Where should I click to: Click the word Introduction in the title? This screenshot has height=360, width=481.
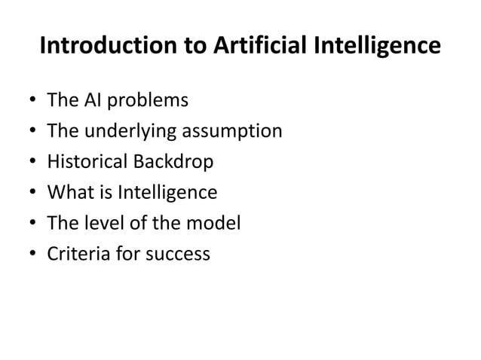click(x=106, y=47)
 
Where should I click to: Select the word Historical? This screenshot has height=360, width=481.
click(x=87, y=163)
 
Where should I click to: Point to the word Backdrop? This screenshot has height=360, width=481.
click(x=174, y=163)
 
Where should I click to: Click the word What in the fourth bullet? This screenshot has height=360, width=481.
click(x=68, y=194)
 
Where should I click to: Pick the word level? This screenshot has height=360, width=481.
click(x=98, y=224)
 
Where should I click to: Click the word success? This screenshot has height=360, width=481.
click(x=176, y=255)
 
